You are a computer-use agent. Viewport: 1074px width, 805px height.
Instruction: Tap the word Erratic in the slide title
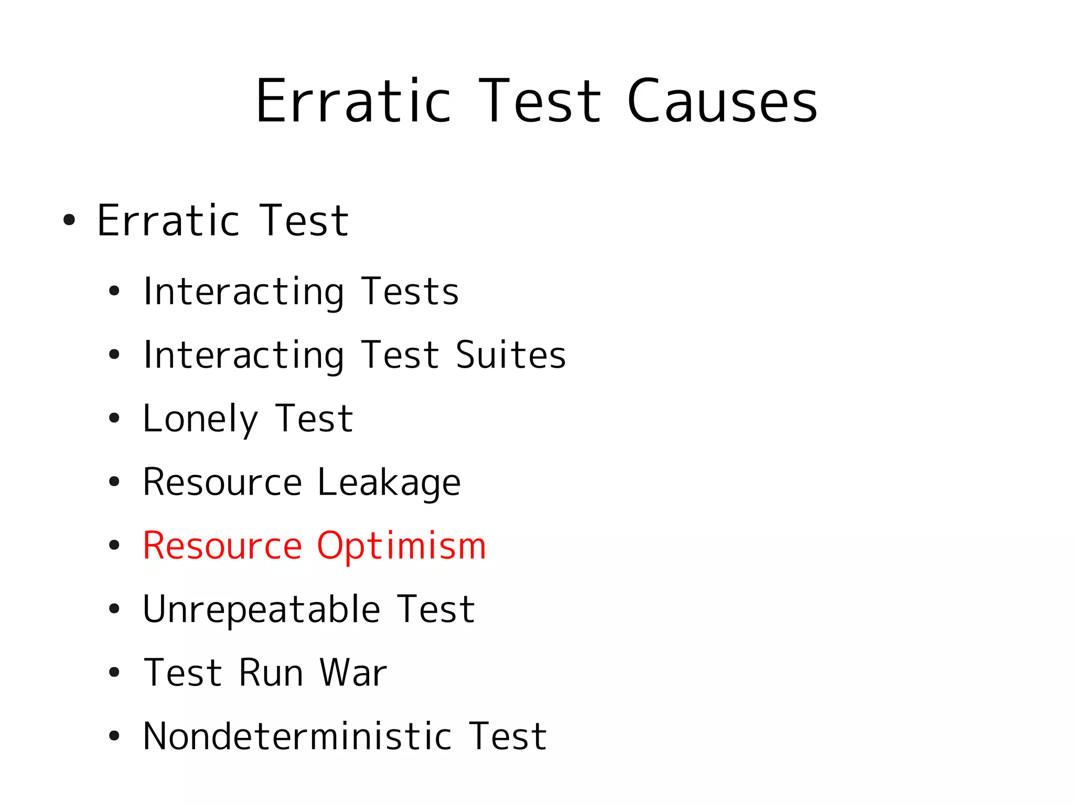353,101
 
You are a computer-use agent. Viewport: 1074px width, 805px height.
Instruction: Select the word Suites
511,355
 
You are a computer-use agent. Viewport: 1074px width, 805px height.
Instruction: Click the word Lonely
200,419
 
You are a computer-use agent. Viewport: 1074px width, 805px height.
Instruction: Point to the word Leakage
389,482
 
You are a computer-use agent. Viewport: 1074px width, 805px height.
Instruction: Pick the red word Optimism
401,546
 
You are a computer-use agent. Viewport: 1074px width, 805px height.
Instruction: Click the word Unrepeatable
261,609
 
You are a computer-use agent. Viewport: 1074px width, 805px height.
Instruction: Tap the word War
353,673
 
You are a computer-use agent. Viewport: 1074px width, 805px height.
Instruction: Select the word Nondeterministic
297,736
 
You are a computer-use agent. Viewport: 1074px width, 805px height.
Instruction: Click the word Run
271,673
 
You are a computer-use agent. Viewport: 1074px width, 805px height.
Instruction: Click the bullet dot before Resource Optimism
114,545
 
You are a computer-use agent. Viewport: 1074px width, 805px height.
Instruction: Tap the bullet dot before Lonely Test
114,418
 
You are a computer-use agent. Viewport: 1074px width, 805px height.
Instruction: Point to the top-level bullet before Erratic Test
69,220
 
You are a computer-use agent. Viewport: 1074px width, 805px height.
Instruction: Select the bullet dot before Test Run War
114,672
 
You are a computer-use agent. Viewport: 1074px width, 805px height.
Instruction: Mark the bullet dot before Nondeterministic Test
114,736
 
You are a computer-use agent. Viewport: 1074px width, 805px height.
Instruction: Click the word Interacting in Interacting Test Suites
244,355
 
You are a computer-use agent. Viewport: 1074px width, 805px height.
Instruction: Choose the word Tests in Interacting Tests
410,292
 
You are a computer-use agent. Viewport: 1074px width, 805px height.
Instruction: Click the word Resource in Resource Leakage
222,482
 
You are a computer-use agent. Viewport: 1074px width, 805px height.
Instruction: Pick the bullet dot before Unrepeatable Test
114,609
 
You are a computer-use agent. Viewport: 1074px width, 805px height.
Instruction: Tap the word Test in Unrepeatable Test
436,609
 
